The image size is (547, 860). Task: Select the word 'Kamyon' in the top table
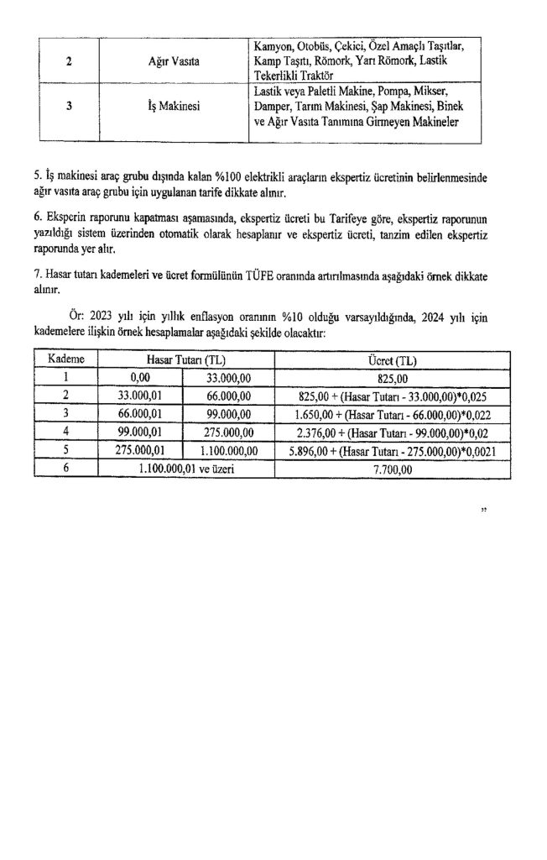pos(272,45)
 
